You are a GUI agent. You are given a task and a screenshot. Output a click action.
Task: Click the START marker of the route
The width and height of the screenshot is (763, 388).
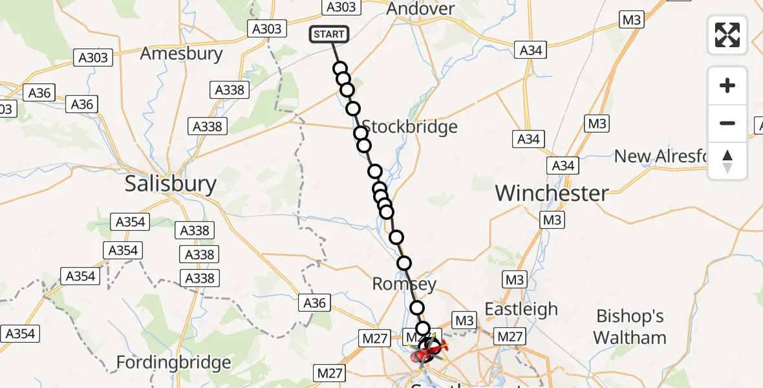pyautogui.click(x=330, y=34)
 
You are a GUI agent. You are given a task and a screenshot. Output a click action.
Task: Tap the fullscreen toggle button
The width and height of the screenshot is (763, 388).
pyautogui.click(x=727, y=35)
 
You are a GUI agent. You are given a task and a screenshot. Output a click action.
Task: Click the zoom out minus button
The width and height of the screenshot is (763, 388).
pyautogui.click(x=727, y=123)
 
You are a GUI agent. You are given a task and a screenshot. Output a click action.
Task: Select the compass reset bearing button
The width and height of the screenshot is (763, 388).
pyautogui.click(x=727, y=161)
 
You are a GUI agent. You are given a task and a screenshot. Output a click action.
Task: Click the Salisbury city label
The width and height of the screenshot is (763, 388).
pyautogui.click(x=170, y=184)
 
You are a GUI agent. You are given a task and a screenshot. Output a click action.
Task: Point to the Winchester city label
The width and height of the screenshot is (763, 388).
pyautogui.click(x=552, y=193)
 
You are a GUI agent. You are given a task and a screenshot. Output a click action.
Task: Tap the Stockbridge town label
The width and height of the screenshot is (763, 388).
pyautogui.click(x=409, y=127)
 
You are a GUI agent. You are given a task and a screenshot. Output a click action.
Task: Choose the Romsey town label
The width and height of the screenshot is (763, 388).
pyautogui.click(x=405, y=284)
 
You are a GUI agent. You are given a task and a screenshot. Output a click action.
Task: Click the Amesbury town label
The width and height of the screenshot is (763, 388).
pyautogui.click(x=181, y=53)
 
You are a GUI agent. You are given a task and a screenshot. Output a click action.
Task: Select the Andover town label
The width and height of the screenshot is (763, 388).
pyautogui.click(x=420, y=9)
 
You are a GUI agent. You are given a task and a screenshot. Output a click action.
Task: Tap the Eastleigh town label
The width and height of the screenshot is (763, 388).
pyautogui.click(x=521, y=309)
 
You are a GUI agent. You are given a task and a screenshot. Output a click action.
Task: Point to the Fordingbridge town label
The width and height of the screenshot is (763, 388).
pyautogui.click(x=173, y=363)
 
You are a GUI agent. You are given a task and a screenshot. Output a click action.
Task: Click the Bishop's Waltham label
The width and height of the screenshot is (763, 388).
pyautogui.click(x=630, y=327)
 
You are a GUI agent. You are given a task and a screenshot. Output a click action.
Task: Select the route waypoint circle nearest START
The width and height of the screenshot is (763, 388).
pyautogui.click(x=340, y=69)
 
